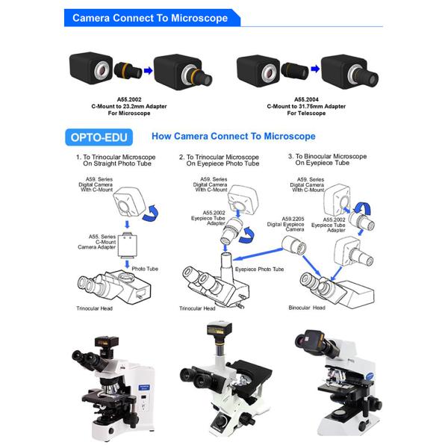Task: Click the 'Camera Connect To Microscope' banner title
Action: [149, 18]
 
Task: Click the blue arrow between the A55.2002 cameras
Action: [147, 69]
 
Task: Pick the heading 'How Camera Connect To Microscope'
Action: [233, 137]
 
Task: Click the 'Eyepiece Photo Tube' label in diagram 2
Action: [260, 269]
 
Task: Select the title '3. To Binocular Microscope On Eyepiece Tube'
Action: [327, 160]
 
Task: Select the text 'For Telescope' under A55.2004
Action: [296, 113]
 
